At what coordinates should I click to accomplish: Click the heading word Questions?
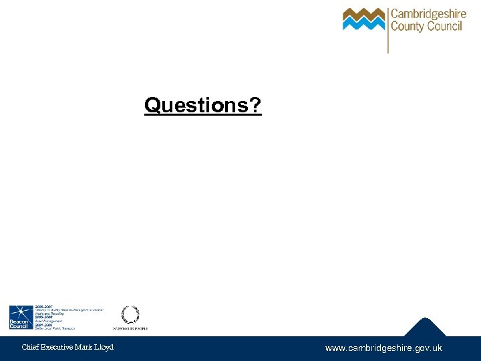(x=202, y=105)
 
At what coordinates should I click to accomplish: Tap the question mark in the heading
(x=256, y=105)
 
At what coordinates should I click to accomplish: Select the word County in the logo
(x=407, y=27)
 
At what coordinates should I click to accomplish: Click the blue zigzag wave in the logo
(x=363, y=25)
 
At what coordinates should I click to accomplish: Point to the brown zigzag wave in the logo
(x=363, y=13)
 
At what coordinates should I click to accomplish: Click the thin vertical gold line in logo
(x=388, y=30)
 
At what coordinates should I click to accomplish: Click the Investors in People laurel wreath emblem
(x=130, y=314)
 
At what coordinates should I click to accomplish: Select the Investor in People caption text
(x=130, y=328)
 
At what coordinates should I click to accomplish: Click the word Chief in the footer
(x=30, y=347)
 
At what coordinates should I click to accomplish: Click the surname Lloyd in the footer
(x=106, y=347)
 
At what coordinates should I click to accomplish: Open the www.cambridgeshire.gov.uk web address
(x=383, y=348)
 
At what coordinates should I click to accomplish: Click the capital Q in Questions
(x=152, y=105)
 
